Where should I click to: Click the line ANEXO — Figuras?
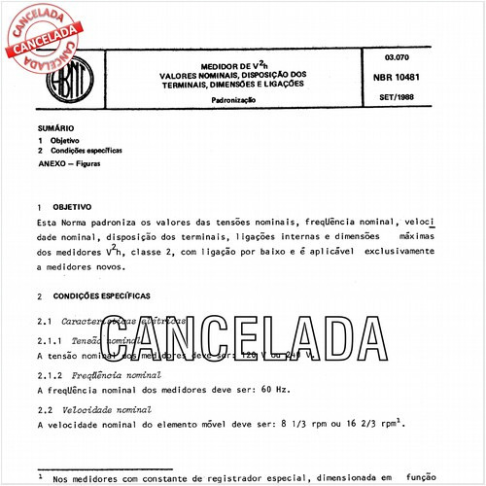75,164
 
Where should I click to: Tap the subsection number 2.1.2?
50,375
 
